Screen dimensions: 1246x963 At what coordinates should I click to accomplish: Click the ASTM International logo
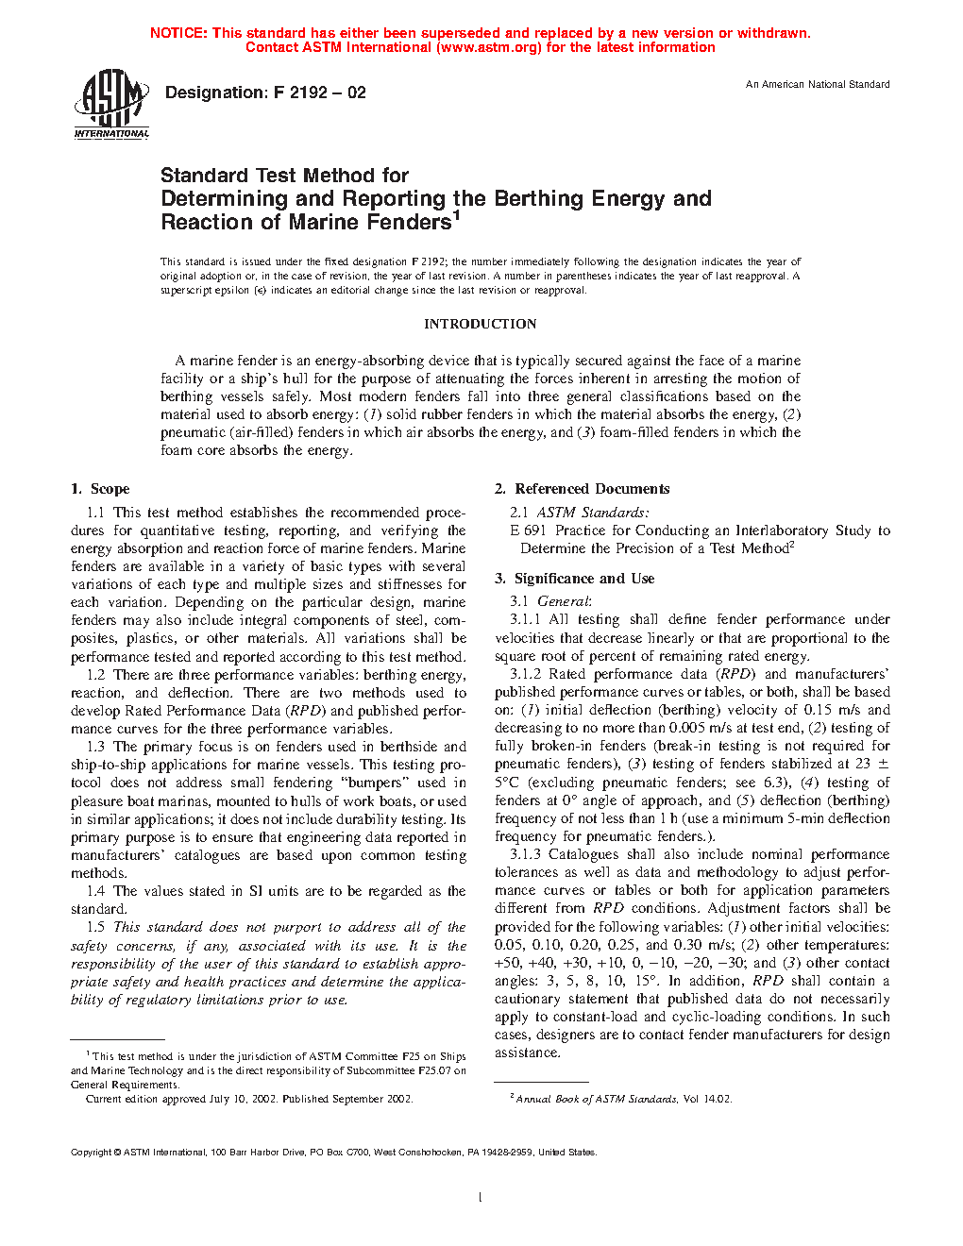point(111,104)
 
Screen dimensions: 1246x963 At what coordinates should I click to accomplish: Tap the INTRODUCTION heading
point(480,324)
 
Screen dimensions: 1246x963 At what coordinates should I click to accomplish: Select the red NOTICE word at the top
point(178,33)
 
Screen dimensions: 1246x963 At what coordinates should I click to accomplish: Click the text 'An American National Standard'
point(818,85)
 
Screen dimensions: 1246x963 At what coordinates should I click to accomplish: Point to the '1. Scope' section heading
point(100,489)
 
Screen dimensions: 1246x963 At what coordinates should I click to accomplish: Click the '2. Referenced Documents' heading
point(582,489)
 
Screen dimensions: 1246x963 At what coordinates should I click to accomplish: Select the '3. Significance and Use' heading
point(574,579)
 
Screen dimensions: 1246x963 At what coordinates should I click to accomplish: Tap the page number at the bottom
point(481,1198)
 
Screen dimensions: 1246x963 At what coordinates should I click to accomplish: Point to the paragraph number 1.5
point(95,927)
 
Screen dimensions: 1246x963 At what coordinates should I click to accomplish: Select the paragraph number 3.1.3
point(525,854)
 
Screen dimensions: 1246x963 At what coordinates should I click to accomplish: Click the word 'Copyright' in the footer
point(92,1152)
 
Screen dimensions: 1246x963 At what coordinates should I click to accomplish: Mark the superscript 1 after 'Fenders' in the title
point(456,216)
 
